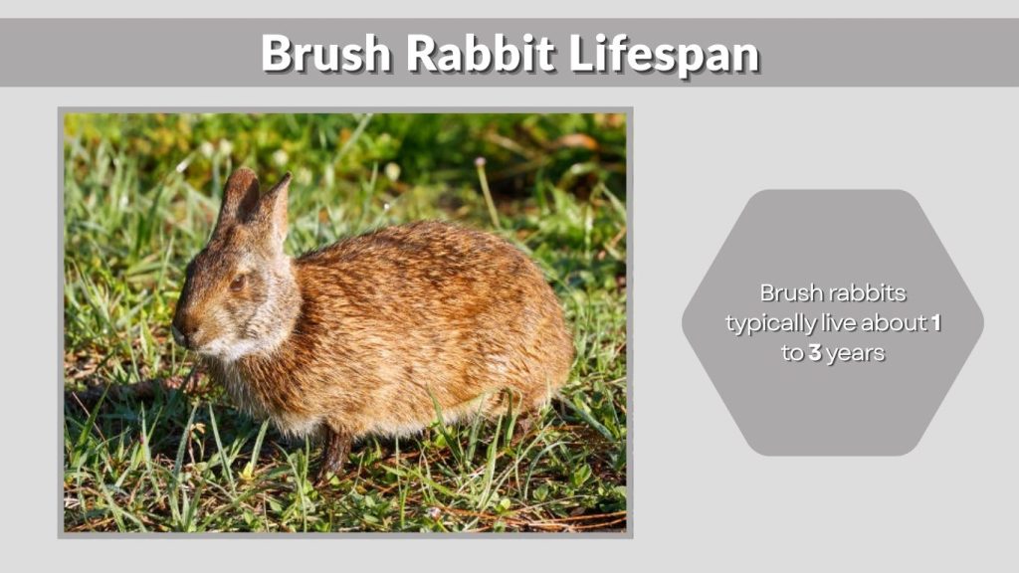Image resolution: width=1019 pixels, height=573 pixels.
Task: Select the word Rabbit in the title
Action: pos(481,54)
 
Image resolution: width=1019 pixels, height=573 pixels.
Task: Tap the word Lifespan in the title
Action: pos(664,54)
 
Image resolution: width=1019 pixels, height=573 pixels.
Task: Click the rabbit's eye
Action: pos(238,283)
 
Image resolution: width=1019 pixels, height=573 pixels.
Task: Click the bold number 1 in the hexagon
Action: pos(934,323)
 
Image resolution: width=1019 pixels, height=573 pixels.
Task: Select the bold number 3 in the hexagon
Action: pos(814,353)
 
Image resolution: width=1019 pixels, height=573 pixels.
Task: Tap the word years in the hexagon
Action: pos(855,354)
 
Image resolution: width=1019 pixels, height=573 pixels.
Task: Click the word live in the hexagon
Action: pos(833,323)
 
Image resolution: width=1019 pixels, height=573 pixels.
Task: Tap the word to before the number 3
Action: pos(792,354)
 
